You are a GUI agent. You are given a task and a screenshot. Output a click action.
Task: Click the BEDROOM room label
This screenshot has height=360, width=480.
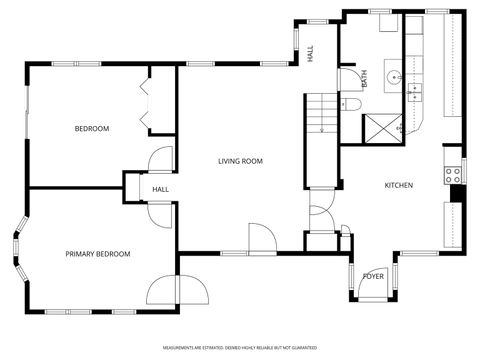coord(92,129)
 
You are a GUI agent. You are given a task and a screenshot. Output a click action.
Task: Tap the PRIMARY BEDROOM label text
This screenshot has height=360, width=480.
coord(98,254)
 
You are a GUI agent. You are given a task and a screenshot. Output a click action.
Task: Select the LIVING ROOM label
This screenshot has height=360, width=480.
coord(241,160)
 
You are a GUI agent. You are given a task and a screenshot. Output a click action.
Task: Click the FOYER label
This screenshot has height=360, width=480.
coord(373,276)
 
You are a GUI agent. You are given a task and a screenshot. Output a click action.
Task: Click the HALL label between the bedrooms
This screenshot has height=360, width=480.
coord(160,190)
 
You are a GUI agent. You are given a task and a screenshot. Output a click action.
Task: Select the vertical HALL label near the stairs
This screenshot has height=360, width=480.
coord(311,55)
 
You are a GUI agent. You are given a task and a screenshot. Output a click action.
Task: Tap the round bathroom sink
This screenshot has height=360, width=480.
coord(392,76)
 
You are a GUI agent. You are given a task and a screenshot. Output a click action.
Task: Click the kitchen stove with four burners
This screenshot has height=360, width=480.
coord(454,173)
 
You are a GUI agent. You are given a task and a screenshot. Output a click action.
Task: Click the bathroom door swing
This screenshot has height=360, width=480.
coord(347,78)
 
